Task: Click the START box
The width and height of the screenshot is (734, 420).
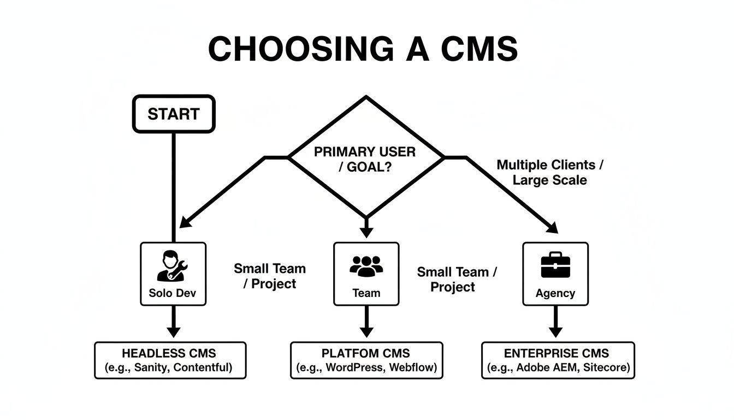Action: coord(174,114)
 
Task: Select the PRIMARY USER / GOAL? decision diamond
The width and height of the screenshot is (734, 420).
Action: coord(365,159)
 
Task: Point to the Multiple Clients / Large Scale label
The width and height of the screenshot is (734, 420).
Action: coord(550,172)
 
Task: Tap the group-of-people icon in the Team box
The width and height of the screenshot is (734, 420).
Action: coord(366,266)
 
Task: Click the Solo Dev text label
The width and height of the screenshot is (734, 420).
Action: coord(172,293)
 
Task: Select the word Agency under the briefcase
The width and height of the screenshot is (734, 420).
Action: coord(555,293)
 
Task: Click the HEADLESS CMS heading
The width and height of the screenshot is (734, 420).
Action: coord(169,353)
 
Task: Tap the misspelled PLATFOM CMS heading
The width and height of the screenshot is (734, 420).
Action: coord(366,353)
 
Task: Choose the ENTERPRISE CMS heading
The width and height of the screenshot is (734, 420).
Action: coord(557,353)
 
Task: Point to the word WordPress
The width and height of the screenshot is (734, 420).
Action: coord(355,367)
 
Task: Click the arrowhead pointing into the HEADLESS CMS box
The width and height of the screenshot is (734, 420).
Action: coord(173,332)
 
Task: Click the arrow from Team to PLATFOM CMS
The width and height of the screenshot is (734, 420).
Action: coord(366,323)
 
